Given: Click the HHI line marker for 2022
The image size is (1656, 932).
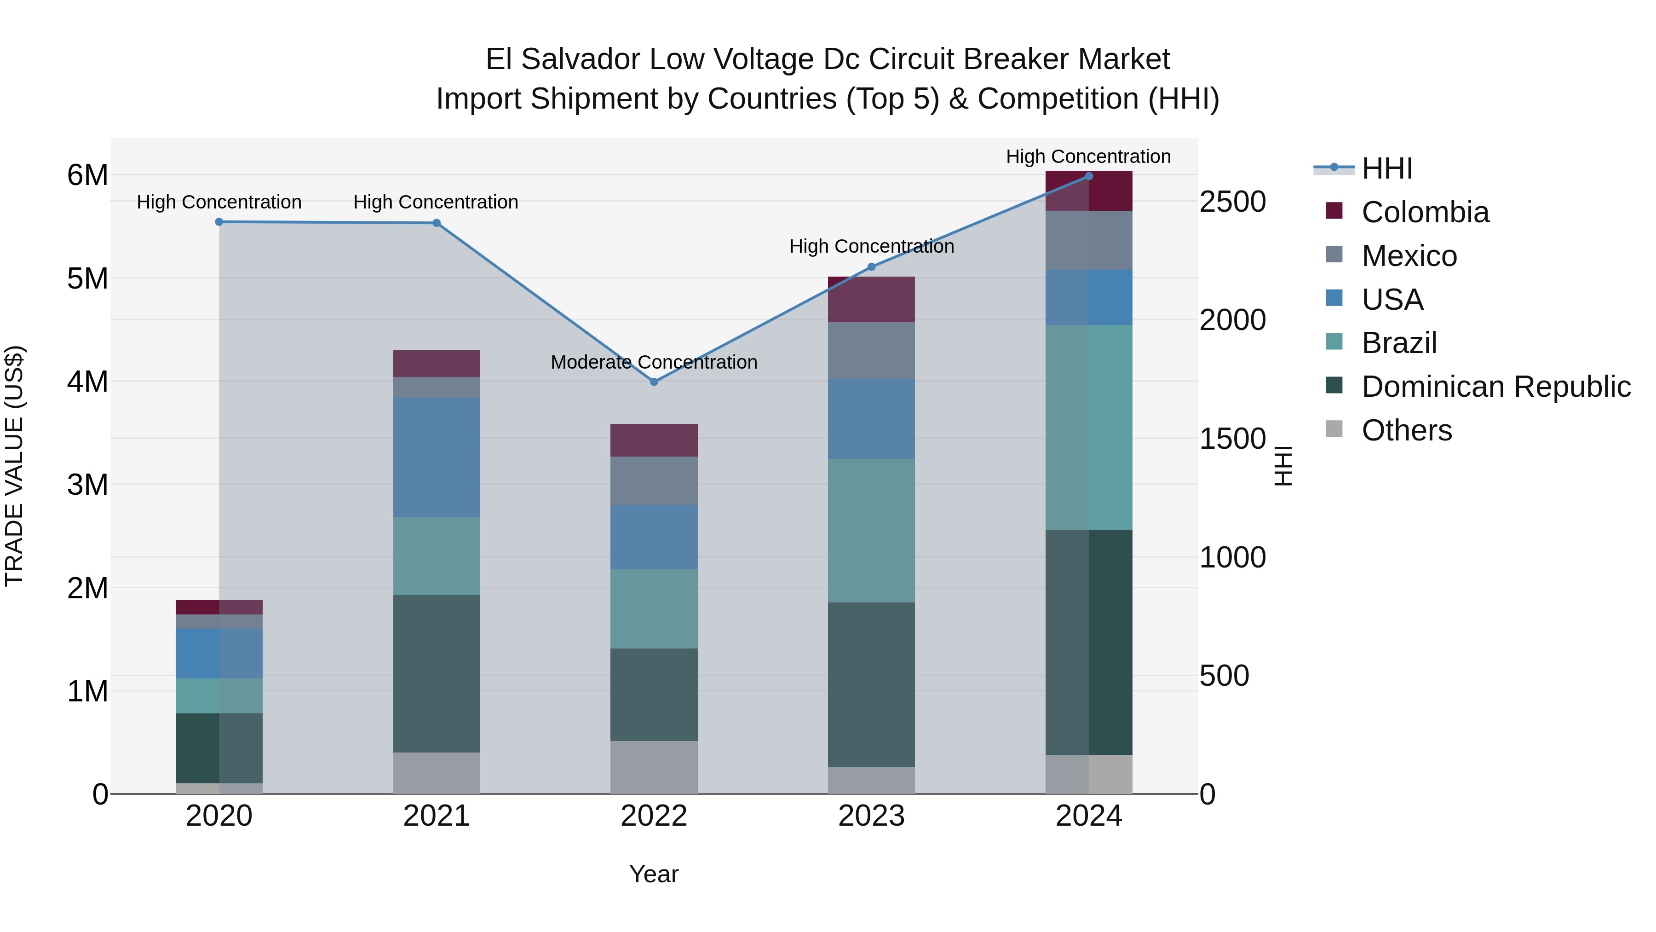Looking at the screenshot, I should click(654, 382).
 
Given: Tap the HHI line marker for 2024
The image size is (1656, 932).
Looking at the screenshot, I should click(1088, 176).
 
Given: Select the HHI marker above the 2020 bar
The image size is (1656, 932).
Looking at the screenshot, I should click(219, 222).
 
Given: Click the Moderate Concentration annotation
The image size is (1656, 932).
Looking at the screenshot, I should click(654, 362).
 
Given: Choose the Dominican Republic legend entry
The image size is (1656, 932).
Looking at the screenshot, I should click(1495, 387).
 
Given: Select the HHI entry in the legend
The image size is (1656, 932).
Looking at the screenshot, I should click(1386, 168).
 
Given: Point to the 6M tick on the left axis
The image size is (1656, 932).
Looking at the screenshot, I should click(87, 175).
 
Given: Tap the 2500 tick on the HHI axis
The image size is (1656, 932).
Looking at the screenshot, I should click(1232, 202).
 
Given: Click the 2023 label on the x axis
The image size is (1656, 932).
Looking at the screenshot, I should click(871, 816).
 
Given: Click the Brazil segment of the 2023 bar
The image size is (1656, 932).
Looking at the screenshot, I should click(871, 530).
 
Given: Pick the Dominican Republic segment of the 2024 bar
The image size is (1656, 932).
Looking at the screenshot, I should click(1088, 642).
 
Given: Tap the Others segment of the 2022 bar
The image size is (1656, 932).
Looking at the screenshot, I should click(654, 767).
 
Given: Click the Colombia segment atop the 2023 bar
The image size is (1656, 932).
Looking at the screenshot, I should click(871, 299).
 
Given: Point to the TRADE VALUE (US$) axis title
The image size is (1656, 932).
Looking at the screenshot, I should click(14, 466).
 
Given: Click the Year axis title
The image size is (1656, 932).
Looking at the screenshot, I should click(654, 874).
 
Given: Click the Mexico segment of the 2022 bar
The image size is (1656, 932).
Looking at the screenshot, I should click(654, 480).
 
